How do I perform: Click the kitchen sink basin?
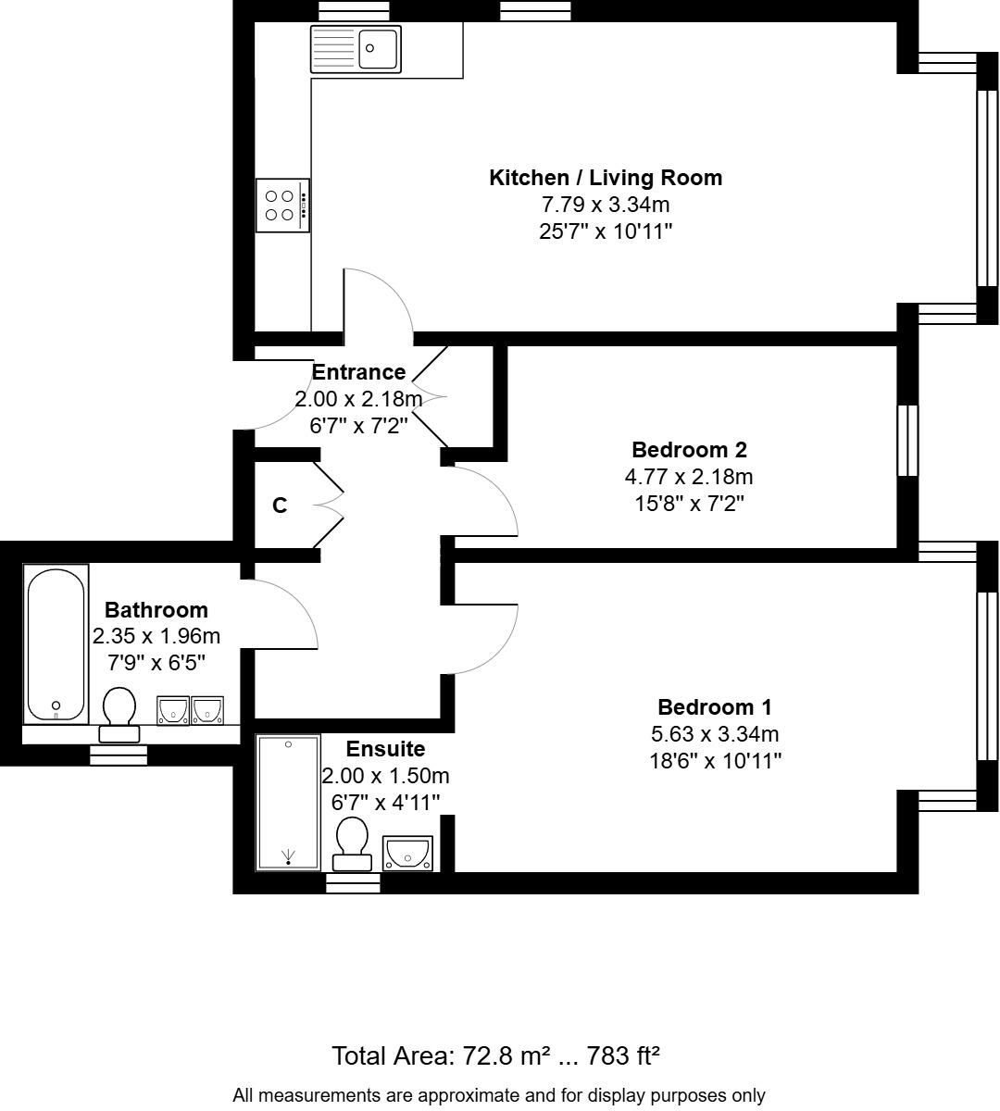click(x=378, y=48)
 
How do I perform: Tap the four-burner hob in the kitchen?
click(x=281, y=205)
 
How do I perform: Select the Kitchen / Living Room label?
click(x=605, y=178)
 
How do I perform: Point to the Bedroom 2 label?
click(x=689, y=450)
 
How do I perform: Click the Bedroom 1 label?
click(x=714, y=707)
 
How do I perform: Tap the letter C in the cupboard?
click(x=280, y=506)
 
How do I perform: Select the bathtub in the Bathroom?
click(x=56, y=643)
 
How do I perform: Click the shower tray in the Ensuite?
click(x=288, y=802)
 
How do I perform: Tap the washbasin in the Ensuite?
click(x=407, y=852)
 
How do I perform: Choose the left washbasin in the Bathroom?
click(x=173, y=710)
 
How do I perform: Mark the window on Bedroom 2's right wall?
click(x=908, y=440)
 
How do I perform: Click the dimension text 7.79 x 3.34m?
click(x=606, y=205)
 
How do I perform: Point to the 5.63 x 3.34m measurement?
click(x=714, y=734)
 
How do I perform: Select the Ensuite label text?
click(x=385, y=749)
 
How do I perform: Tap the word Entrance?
click(x=358, y=372)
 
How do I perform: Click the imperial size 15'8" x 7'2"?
click(x=689, y=504)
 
